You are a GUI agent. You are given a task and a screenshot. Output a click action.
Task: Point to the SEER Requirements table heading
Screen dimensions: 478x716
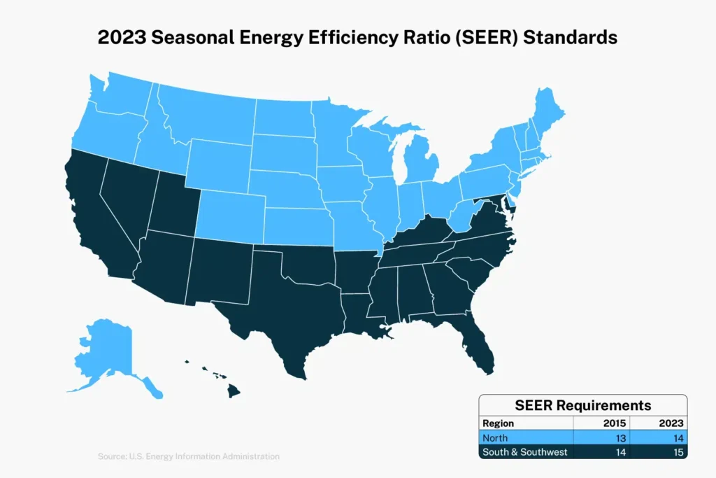click(582, 405)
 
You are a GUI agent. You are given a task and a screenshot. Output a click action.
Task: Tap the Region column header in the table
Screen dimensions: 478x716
click(498, 423)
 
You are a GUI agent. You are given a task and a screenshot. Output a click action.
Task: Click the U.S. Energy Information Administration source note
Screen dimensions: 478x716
click(189, 456)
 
